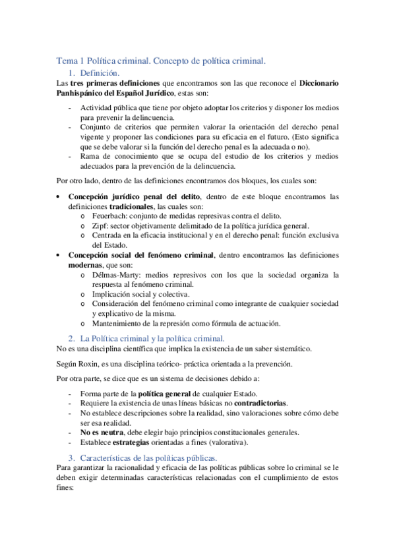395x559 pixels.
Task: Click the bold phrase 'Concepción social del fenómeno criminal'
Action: (x=141, y=254)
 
